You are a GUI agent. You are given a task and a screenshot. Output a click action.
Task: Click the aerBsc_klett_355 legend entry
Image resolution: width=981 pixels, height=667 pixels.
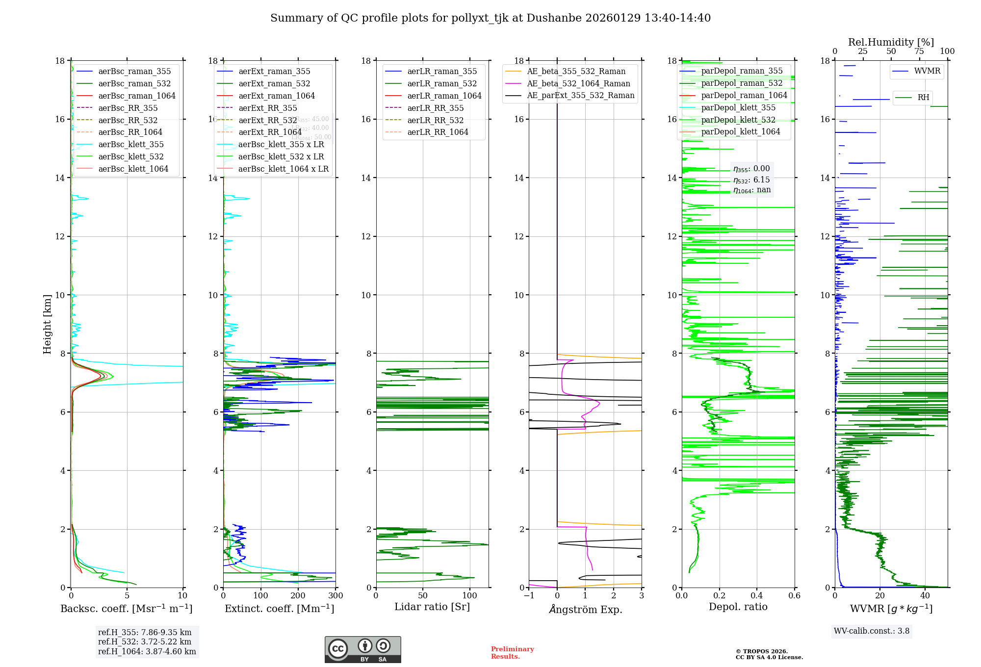tap(130, 145)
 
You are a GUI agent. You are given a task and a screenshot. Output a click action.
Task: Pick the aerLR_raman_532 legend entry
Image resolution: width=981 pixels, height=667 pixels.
tap(441, 84)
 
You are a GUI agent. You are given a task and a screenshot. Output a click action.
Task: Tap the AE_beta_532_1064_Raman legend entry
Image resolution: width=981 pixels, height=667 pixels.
tap(578, 84)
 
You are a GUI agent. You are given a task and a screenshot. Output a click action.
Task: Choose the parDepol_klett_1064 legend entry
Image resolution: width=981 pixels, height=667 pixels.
tap(740, 132)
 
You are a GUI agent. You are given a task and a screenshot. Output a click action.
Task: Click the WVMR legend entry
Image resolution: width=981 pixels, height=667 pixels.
tap(927, 71)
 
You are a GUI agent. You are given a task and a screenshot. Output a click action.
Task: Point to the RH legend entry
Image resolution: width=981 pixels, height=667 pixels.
tap(923, 98)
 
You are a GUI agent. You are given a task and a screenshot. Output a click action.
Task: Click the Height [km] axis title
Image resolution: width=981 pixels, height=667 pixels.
tap(47, 324)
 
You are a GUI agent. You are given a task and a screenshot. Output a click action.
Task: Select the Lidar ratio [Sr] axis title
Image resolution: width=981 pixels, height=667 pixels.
tap(432, 607)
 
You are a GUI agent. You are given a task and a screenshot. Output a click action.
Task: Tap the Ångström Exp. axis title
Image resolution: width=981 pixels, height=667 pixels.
tap(585, 610)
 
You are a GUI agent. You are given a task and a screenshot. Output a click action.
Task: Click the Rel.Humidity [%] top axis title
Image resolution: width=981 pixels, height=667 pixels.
tap(891, 42)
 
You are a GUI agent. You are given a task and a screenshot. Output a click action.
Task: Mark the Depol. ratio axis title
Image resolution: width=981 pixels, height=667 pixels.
tap(738, 607)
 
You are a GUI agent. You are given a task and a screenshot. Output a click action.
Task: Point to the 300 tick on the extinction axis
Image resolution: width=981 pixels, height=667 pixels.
tap(336, 596)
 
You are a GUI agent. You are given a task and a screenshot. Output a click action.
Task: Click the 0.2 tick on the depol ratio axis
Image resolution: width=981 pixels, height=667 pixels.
tap(719, 596)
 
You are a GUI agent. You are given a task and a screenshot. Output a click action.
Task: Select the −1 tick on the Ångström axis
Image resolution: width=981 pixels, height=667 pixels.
tap(529, 596)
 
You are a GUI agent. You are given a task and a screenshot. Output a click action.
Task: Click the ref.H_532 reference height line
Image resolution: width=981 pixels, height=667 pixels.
tap(144, 642)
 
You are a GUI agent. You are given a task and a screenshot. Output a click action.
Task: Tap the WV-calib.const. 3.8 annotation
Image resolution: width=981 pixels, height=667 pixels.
tap(871, 631)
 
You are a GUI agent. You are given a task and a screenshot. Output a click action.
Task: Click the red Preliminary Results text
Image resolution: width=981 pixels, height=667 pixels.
tap(512, 653)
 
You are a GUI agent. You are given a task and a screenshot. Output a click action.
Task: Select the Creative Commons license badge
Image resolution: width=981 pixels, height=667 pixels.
tap(362, 650)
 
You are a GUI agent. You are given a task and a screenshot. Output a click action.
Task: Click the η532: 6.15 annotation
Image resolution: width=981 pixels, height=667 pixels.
tap(751, 180)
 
